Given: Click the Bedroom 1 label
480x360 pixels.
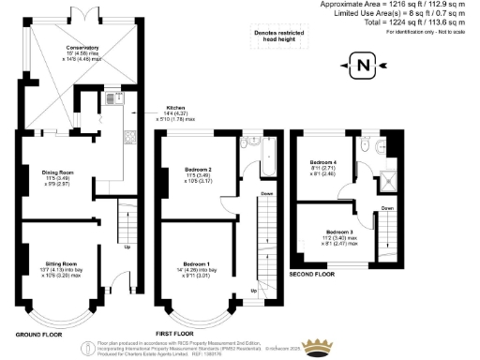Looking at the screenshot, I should tap(195, 263).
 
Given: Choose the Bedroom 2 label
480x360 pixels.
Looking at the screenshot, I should tap(195, 171).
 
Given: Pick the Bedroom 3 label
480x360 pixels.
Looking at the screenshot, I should tap(339, 230).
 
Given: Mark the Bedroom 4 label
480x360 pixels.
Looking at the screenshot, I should tap(323, 161).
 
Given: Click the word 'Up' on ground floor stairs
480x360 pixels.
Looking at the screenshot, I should tap(127, 247).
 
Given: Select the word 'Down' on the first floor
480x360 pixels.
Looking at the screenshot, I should tap(266, 195).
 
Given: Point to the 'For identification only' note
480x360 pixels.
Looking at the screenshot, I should tap(429, 33).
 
